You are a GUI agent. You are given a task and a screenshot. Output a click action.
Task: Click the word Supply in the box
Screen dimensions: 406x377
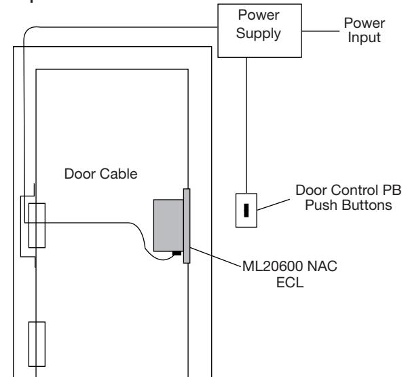(x=259, y=34)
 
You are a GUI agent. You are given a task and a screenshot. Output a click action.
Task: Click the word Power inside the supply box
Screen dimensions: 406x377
(x=259, y=15)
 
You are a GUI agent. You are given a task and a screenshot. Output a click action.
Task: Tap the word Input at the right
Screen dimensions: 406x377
(x=364, y=37)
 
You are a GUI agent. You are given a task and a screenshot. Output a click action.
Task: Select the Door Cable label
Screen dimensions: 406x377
(x=100, y=174)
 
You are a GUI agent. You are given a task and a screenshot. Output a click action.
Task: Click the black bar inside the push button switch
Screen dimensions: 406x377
(x=246, y=211)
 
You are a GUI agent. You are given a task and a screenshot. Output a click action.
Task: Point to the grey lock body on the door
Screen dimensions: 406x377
(x=168, y=226)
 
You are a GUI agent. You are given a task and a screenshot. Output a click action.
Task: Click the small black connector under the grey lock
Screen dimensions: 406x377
(x=177, y=253)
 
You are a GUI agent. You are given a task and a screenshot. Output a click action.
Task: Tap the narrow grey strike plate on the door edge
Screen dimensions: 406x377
(x=187, y=226)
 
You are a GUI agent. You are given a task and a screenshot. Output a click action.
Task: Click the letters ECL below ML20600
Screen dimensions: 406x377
(x=290, y=283)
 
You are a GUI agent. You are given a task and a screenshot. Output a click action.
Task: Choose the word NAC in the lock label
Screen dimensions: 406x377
(x=322, y=266)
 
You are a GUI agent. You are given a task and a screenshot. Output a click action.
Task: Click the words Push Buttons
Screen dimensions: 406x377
(x=348, y=205)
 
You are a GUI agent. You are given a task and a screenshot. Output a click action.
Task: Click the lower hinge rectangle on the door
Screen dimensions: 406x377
(x=37, y=344)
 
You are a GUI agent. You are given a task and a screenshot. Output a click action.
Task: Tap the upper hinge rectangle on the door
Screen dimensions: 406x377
(x=37, y=226)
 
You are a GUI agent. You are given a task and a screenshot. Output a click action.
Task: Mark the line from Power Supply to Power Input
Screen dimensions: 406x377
(x=320, y=31)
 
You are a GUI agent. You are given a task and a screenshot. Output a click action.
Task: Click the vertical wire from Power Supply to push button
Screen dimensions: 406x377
(x=246, y=126)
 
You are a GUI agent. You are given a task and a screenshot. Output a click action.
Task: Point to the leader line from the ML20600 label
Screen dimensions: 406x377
(x=215, y=257)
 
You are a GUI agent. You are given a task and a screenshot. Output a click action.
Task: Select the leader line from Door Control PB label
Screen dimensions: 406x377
(x=274, y=204)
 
